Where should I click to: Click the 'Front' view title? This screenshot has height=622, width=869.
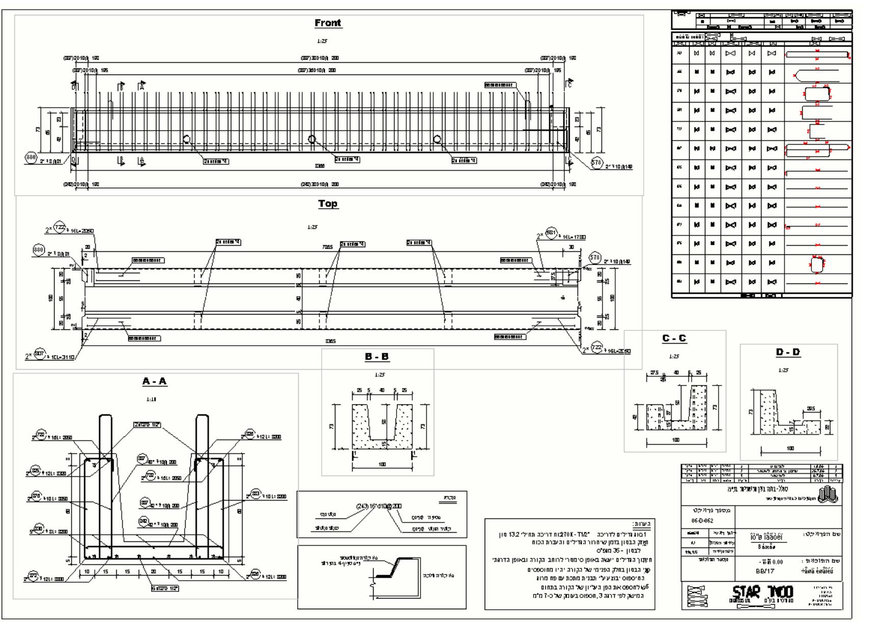click(328, 23)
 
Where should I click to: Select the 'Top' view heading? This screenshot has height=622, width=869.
click(328, 204)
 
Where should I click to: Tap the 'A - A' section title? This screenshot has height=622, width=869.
click(154, 382)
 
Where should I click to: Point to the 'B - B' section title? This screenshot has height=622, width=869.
click(377, 357)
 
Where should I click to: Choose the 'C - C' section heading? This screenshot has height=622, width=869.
click(674, 339)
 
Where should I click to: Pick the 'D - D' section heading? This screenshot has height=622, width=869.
click(788, 352)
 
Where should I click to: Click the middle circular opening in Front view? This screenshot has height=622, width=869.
click(312, 139)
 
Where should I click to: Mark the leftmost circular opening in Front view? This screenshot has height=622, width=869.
click(187, 139)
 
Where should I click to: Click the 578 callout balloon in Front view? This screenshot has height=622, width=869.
click(596, 162)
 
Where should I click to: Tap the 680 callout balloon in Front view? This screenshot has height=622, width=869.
click(31, 157)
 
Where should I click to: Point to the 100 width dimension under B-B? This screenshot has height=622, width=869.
click(382, 464)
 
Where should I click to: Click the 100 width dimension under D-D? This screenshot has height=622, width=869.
click(790, 449)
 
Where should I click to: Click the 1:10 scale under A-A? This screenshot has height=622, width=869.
click(151, 399)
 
